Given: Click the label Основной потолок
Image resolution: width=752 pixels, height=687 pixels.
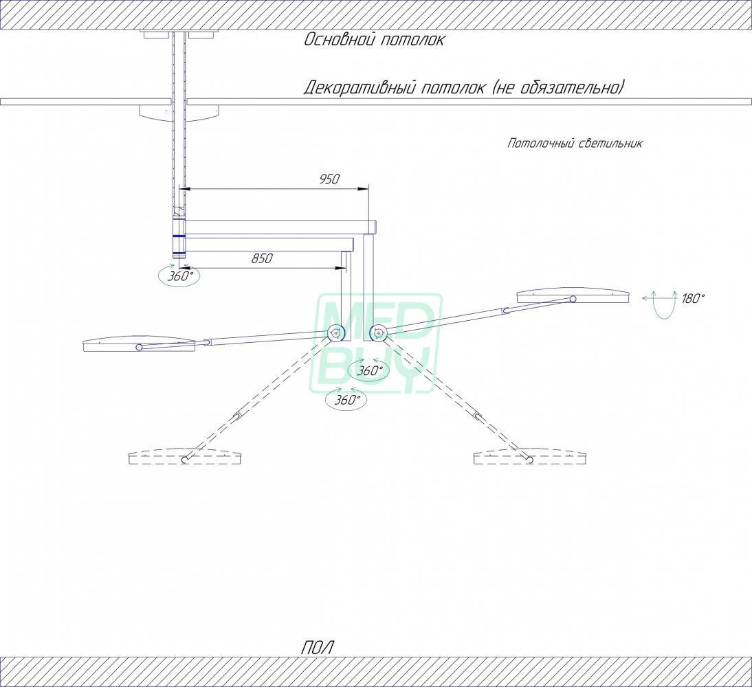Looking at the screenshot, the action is point(374,40).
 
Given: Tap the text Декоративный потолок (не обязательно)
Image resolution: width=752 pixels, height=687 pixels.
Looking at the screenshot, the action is point(464,88).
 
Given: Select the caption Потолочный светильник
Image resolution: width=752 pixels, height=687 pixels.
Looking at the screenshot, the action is point(575,144).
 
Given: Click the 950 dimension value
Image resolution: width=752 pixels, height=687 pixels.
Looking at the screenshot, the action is point(329,179).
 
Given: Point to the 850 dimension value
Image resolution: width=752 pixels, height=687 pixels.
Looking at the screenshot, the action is point(262,258).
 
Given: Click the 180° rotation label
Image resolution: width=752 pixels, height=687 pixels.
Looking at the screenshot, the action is point(693,299).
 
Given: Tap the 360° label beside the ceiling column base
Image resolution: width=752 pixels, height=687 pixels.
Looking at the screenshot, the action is point(180,276).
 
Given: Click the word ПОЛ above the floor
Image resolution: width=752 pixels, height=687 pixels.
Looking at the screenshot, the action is point(317,648).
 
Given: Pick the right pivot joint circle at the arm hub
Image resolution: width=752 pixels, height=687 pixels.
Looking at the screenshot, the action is point(378,333).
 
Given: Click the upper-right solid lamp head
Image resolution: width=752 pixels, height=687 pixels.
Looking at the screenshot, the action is point(573,295).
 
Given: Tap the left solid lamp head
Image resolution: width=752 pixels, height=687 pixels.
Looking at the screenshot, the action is point(139,343).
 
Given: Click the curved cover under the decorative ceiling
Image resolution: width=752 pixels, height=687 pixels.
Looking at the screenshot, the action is point(179,113).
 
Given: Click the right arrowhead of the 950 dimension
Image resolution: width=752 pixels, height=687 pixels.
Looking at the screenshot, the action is point(366,190).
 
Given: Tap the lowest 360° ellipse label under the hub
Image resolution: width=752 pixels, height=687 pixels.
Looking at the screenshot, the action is point(346,400).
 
